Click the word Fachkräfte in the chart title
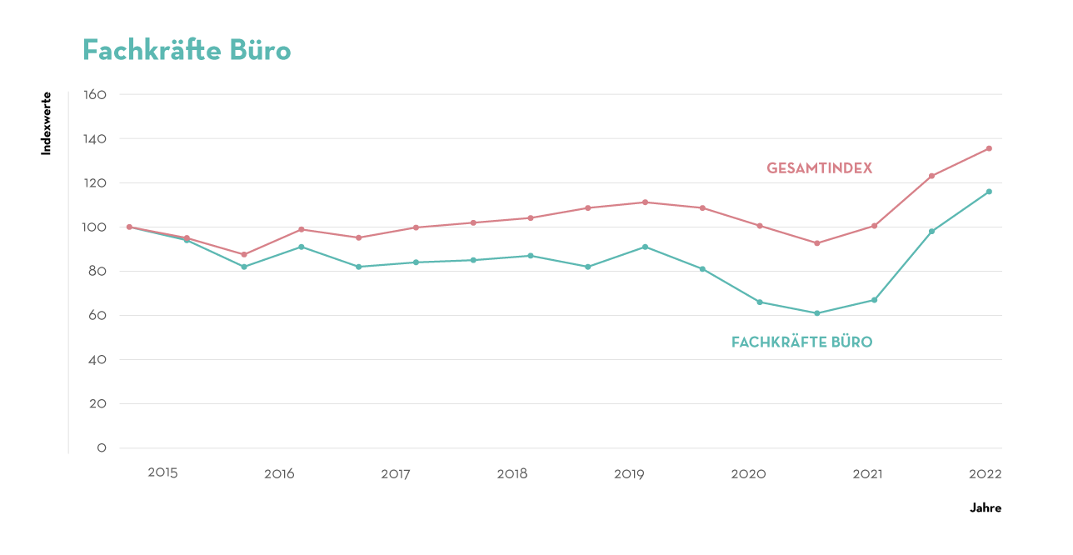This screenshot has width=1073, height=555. pyautogui.click(x=154, y=51)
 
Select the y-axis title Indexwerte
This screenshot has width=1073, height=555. pyautogui.click(x=47, y=123)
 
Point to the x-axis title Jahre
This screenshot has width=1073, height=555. pyautogui.click(x=986, y=507)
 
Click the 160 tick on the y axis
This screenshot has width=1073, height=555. pyautogui.click(x=96, y=95)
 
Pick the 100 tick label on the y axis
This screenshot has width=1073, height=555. pyautogui.click(x=96, y=227)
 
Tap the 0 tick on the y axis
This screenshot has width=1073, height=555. pyautogui.click(x=102, y=448)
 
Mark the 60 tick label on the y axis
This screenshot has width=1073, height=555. pyautogui.click(x=97, y=316)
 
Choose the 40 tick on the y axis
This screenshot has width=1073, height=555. pyautogui.click(x=97, y=360)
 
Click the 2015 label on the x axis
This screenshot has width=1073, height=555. pyautogui.click(x=162, y=472)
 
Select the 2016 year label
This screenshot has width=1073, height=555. pyautogui.click(x=279, y=474)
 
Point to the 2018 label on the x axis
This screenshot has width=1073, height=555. pyautogui.click(x=512, y=474)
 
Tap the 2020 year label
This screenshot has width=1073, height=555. pyautogui.click(x=748, y=474)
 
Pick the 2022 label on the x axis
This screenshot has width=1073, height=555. pyautogui.click(x=985, y=474)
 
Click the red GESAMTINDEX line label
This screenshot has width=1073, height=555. pyautogui.click(x=819, y=168)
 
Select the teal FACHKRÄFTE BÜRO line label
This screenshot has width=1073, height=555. pyautogui.click(x=801, y=342)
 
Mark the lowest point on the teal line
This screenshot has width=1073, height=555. pyautogui.click(x=817, y=313)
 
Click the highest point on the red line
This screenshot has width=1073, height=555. pyautogui.click(x=989, y=148)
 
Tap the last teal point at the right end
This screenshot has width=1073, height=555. pyautogui.click(x=989, y=192)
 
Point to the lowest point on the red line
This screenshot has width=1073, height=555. pyautogui.click(x=244, y=255)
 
